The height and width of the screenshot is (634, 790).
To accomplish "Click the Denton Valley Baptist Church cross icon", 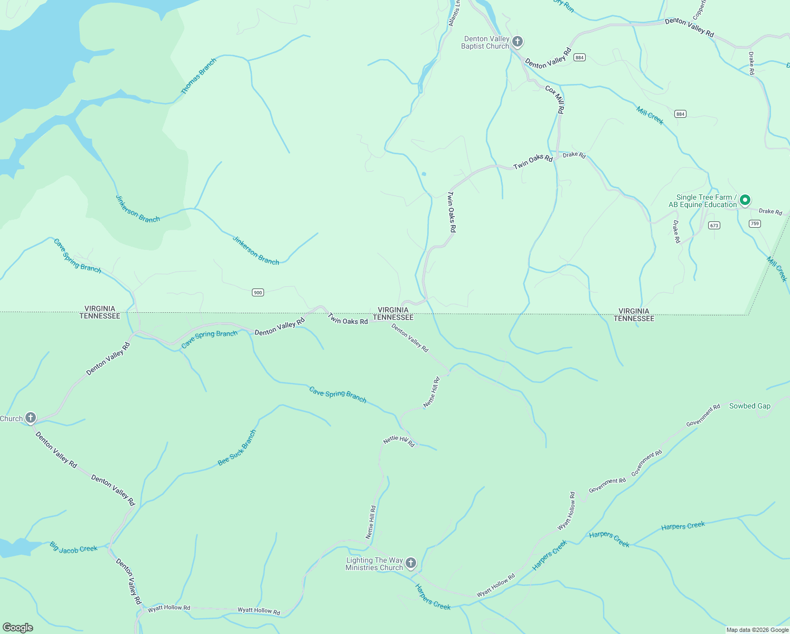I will click(518, 42).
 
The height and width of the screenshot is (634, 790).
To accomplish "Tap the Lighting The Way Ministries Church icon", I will click(411, 563).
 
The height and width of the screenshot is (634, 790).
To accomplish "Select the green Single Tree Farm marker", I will click(745, 200).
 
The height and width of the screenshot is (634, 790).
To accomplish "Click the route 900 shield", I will click(258, 292).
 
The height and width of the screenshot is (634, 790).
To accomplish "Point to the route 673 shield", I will click(714, 225).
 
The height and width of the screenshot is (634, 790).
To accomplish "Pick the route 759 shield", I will click(755, 223).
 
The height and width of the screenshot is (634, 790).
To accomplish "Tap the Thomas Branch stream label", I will click(199, 77).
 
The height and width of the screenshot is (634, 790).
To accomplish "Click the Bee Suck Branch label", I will click(237, 447).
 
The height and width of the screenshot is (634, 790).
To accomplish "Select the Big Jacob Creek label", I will click(73, 547).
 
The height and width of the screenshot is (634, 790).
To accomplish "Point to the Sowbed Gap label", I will click(749, 406).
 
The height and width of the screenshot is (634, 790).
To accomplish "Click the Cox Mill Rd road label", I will click(555, 99).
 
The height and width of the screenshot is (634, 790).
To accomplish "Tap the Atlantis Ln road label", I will click(454, 13).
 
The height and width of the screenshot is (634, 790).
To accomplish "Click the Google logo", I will click(18, 628).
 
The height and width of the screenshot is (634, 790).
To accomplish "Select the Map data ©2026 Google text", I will click(757, 630).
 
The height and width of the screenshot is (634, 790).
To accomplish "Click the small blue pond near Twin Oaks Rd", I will click(424, 174).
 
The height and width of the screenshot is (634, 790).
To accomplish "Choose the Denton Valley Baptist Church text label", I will click(485, 42).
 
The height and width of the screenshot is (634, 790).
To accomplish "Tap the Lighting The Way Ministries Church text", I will click(374, 564).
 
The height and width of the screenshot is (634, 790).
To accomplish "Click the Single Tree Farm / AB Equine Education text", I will click(702, 201).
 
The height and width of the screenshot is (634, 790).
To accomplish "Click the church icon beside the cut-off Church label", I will click(31, 418).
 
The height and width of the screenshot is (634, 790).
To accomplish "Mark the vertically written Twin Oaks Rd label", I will click(452, 212).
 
